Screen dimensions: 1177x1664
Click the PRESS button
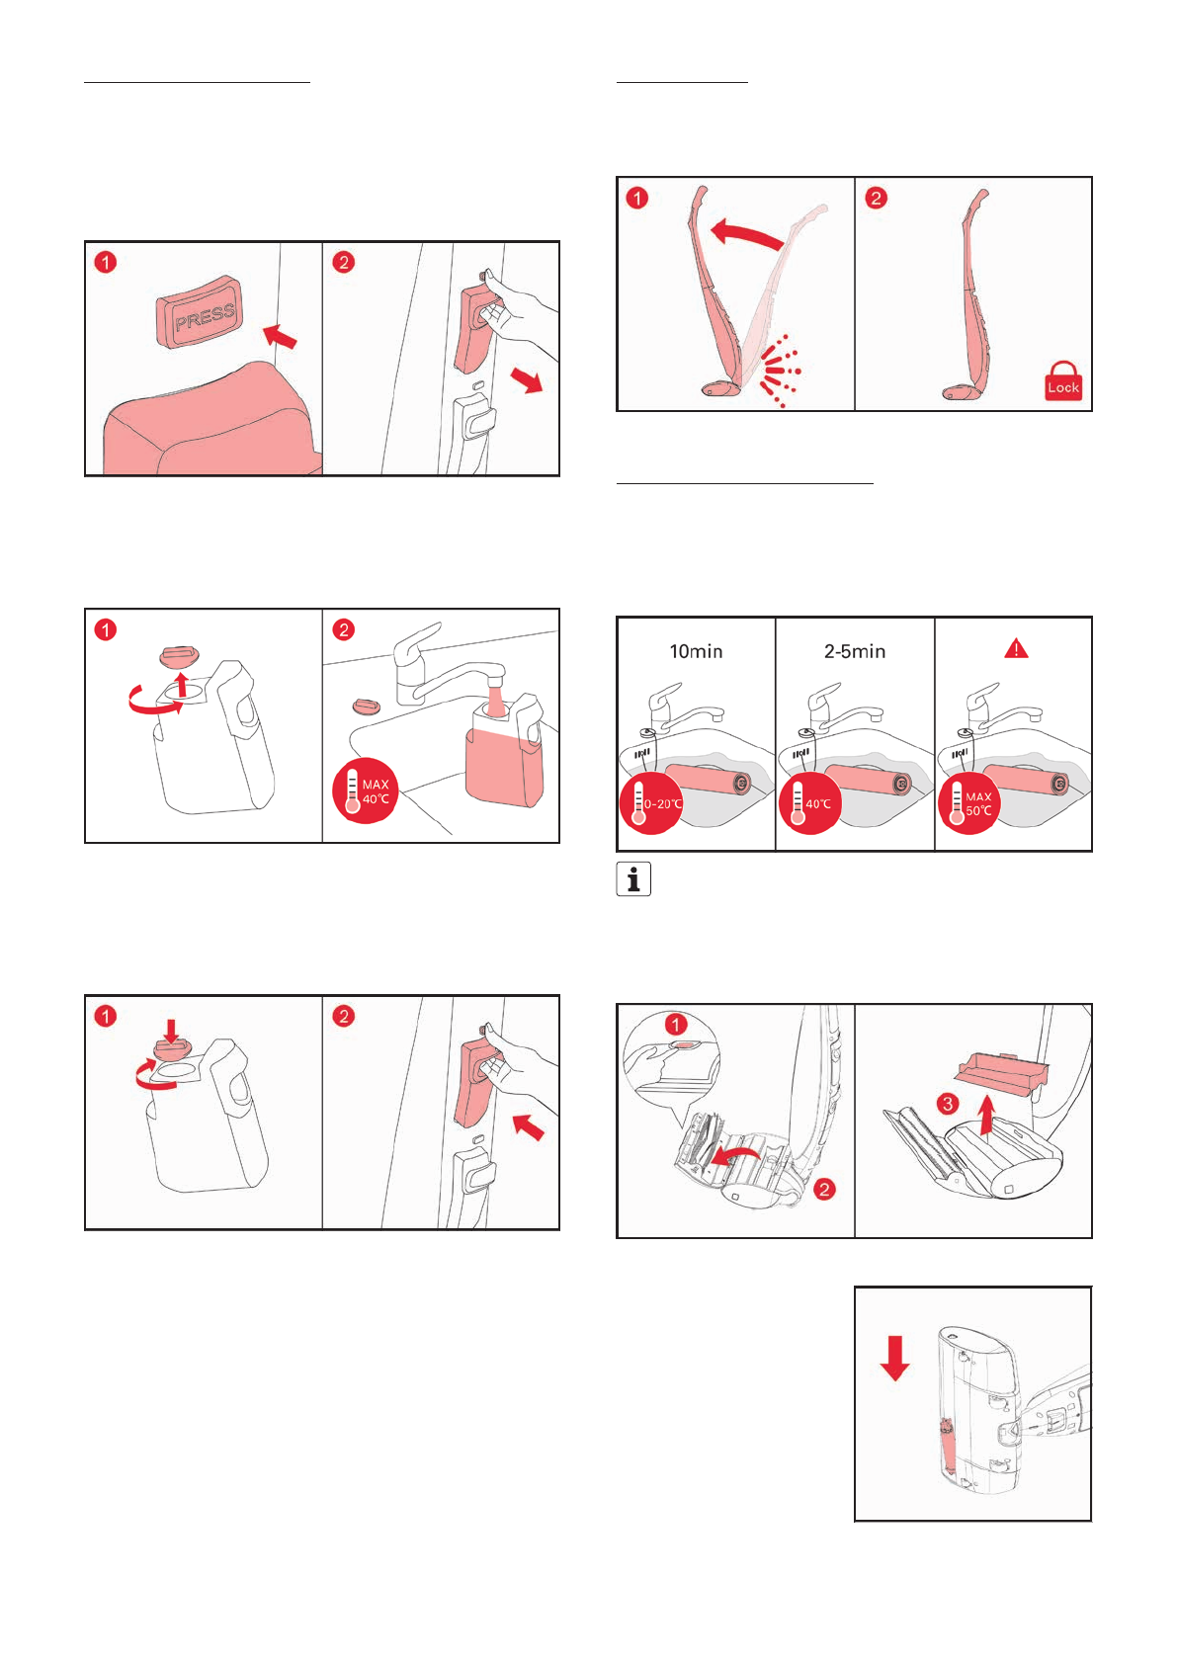tap(200, 311)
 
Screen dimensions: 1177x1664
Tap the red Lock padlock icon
tap(1062, 381)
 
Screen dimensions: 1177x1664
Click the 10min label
tap(696, 651)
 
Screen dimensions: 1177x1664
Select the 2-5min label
tap(855, 651)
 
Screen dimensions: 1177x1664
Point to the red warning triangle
tap(1016, 649)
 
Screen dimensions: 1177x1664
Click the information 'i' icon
tap(633, 878)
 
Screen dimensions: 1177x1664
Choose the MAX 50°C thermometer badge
tap(968, 803)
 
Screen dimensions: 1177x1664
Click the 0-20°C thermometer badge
tap(651, 803)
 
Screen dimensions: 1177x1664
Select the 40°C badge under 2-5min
tap(810, 803)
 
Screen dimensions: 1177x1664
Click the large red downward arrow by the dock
tap(894, 1358)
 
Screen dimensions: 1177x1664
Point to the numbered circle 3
tap(948, 1103)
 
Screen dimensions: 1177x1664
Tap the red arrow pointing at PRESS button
tap(280, 336)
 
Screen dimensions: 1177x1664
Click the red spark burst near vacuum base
tap(778, 371)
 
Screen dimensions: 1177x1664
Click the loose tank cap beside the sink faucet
tap(367, 705)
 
